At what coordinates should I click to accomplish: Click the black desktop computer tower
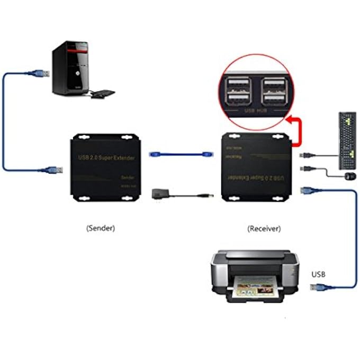click(x=70, y=69)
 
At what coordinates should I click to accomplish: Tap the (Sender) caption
click(x=100, y=228)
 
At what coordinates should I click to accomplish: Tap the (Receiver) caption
click(x=264, y=229)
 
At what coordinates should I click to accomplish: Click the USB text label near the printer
click(x=319, y=274)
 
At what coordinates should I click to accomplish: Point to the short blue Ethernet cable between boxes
click(x=180, y=155)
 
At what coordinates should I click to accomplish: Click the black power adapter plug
click(x=159, y=193)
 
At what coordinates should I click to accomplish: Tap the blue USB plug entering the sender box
click(x=54, y=169)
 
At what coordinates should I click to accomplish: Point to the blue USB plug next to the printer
click(x=318, y=288)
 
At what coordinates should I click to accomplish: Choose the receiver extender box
click(x=256, y=167)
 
